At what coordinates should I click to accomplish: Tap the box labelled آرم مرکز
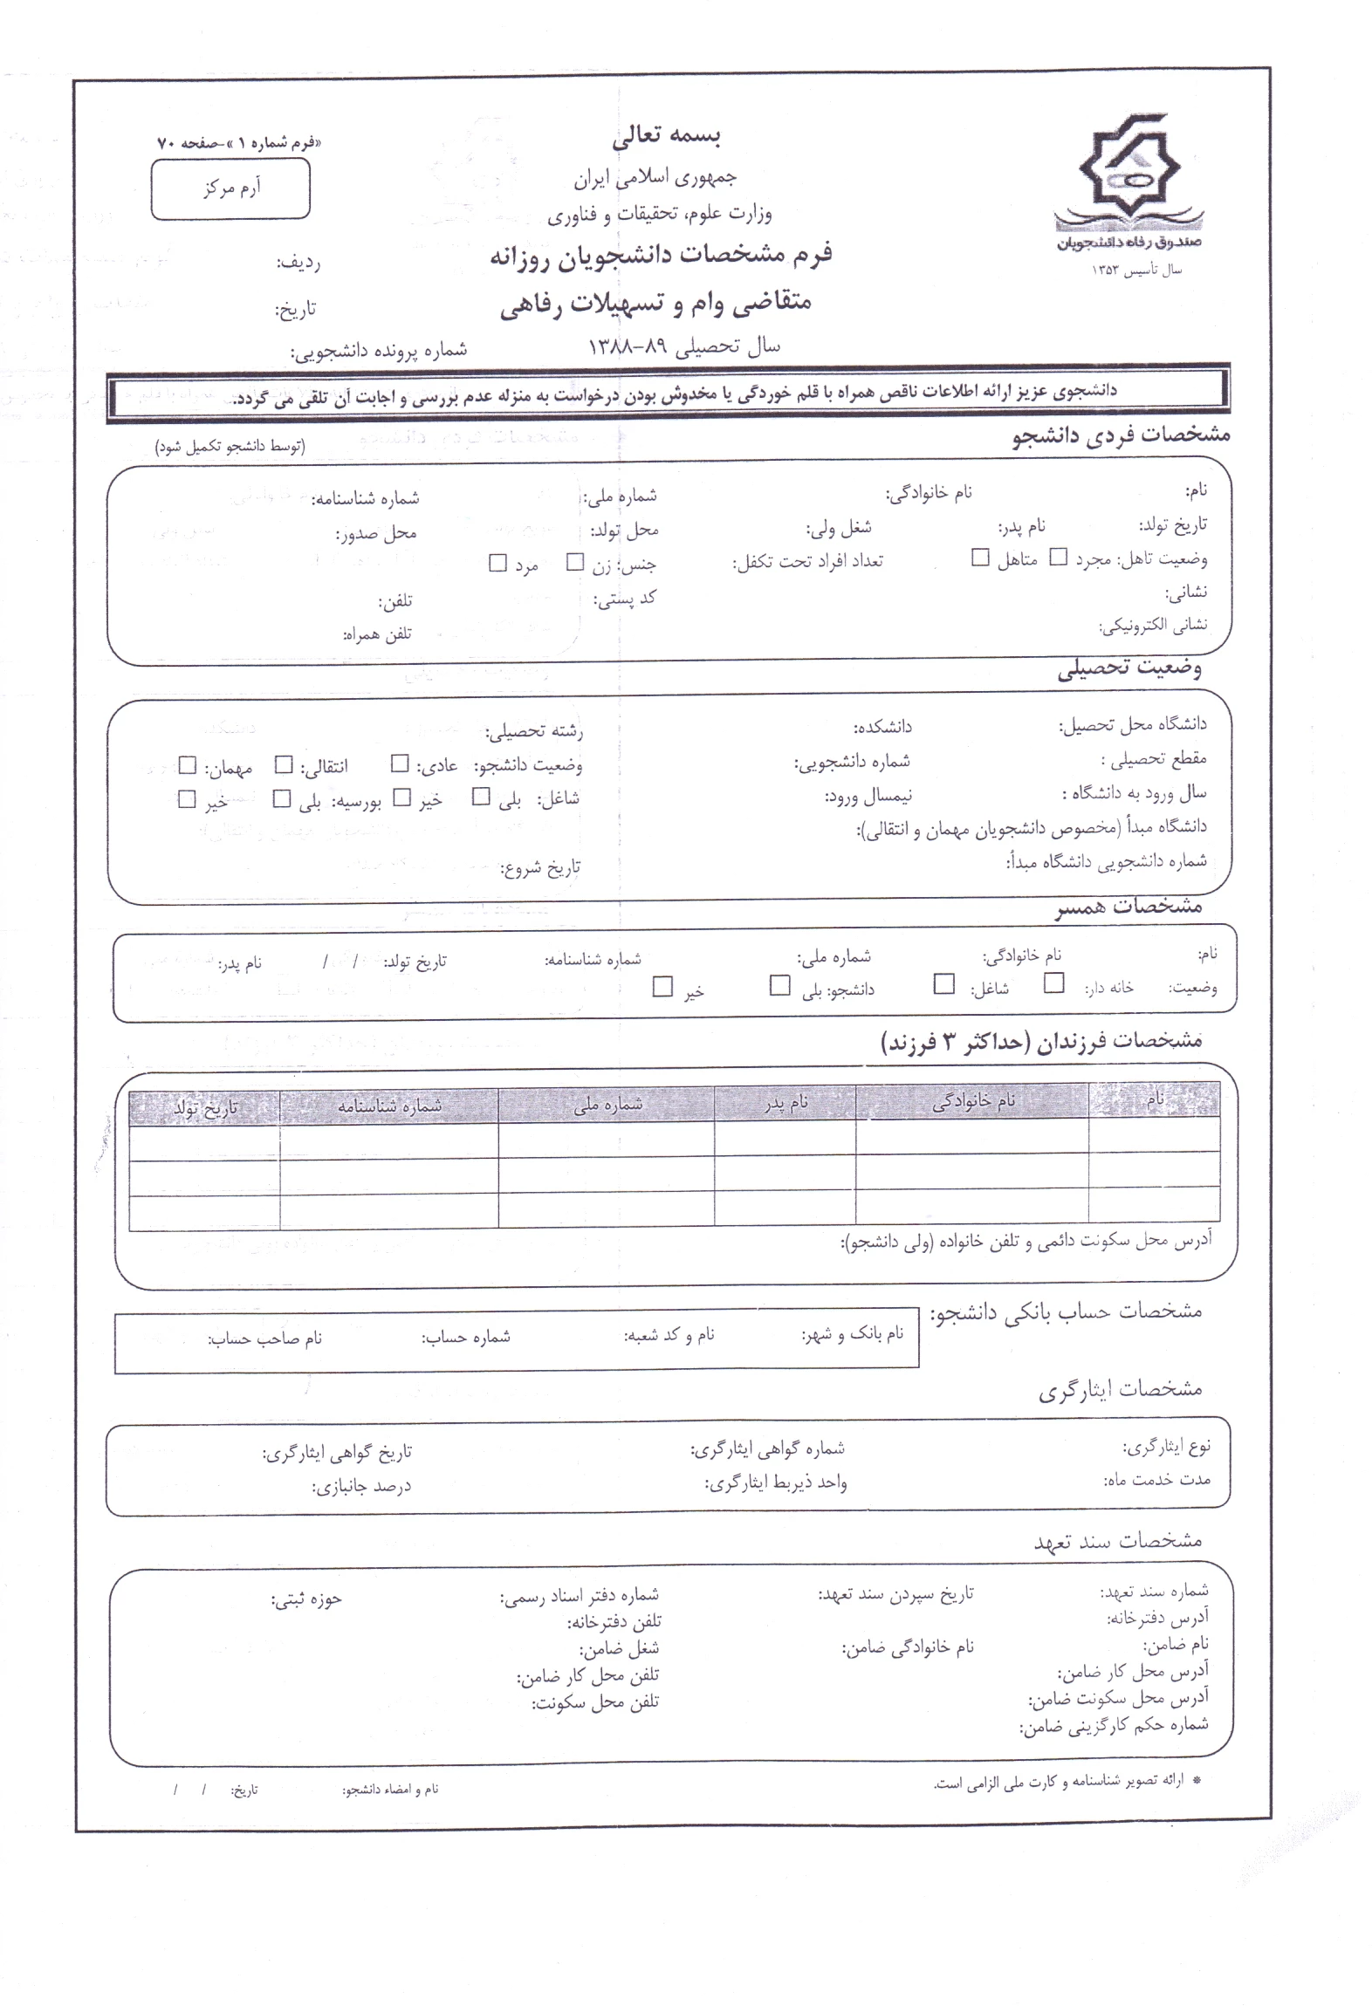pos(230,188)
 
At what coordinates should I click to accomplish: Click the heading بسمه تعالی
pos(666,137)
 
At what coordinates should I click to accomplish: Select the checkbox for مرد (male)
pos(497,564)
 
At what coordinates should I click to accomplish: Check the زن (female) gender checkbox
pos(574,563)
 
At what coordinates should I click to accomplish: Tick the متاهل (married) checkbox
pos(980,558)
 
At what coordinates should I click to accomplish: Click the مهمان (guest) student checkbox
pos(187,765)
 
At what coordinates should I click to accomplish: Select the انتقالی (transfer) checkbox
pos(284,765)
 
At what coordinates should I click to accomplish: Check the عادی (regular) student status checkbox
pos(400,764)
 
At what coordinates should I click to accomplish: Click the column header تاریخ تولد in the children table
pos(205,1108)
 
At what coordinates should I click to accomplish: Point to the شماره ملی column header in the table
pos(607,1106)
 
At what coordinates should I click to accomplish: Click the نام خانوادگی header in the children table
pos(972,1103)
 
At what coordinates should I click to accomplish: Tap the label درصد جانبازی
pos(361,1486)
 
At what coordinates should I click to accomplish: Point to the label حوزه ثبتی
pos(305,1599)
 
